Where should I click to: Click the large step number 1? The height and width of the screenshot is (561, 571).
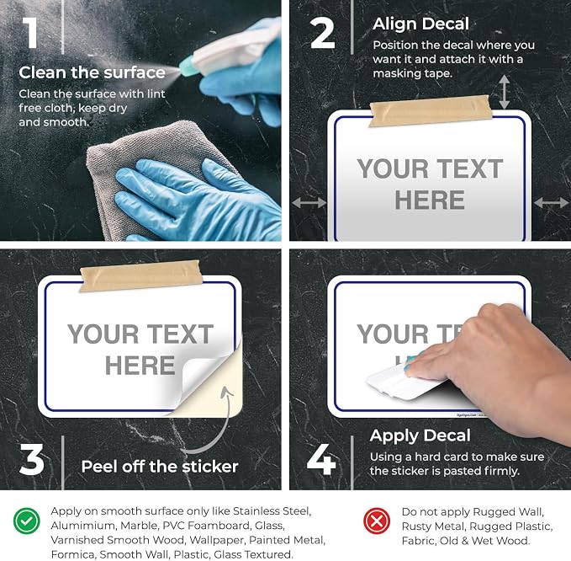30,33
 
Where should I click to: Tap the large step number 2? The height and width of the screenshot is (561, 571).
322,33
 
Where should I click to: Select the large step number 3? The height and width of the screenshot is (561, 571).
32,459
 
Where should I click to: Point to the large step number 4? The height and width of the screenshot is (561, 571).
321,459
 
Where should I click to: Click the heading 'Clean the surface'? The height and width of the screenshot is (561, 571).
93,72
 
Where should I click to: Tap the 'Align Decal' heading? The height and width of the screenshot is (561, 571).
420,24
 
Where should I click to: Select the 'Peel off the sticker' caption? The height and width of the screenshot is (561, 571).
160,466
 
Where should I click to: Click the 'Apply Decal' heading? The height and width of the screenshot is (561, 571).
420,435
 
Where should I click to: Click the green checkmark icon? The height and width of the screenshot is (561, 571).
27,521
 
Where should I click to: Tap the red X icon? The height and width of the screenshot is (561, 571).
377,521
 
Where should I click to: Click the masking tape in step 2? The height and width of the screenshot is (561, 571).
430,110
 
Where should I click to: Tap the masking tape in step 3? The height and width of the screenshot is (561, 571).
141,275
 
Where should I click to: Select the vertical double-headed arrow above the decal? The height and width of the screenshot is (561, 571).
504,92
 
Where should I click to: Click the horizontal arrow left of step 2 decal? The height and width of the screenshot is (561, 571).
309,202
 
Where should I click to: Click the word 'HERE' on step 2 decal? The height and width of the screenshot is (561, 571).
430,200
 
